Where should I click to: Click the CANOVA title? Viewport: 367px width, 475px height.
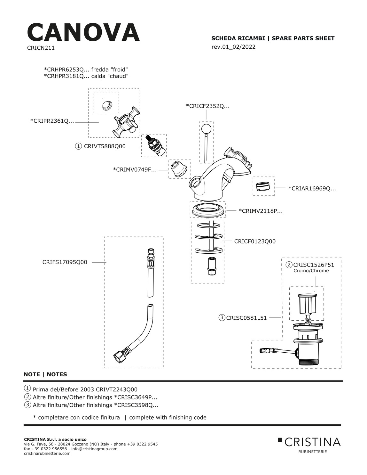(83, 32)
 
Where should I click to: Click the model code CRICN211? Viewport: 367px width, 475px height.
(41, 48)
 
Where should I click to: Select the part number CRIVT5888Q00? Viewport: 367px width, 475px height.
(105, 146)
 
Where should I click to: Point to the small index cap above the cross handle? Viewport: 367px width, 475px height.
(107, 105)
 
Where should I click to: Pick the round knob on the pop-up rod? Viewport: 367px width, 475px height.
(206, 128)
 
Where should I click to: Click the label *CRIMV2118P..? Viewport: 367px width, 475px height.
(261, 211)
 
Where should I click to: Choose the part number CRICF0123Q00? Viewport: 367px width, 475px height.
(255, 241)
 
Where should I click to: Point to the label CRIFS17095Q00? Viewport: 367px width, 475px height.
(65, 262)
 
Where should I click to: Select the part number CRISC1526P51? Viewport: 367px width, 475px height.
(314, 265)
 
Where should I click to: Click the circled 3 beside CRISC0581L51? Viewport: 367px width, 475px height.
(222, 317)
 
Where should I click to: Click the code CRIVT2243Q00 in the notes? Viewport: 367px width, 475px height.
(117, 389)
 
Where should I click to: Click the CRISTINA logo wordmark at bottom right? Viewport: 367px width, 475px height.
(312, 442)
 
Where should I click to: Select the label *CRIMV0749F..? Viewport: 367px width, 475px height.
(135, 169)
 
